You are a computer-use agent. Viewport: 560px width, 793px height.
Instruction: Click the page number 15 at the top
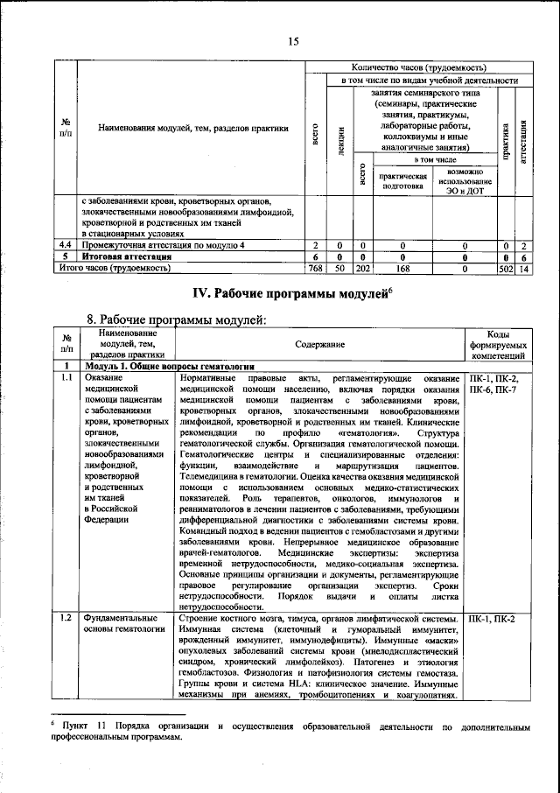click(294, 40)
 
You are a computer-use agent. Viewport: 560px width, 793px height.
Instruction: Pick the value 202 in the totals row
click(363, 269)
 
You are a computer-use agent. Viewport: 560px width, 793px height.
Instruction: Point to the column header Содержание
click(318, 345)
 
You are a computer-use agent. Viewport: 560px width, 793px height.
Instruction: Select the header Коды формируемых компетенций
click(497, 345)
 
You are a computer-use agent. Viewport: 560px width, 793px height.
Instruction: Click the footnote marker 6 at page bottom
click(52, 725)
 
